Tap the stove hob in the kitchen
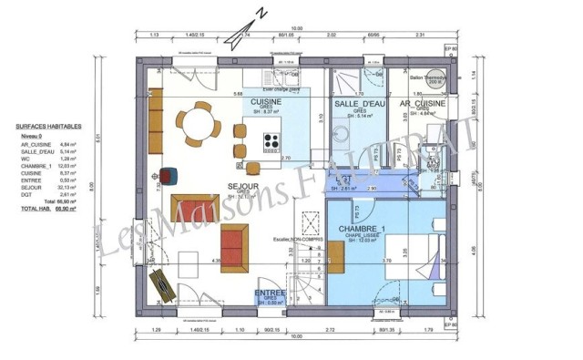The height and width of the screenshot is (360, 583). click(272, 141)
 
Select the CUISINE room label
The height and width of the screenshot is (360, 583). click(267, 102)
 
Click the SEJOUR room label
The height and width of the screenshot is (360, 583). click(243, 187)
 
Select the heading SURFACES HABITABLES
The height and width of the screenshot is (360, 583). click(48, 127)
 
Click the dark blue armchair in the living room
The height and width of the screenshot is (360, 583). click(170, 175)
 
